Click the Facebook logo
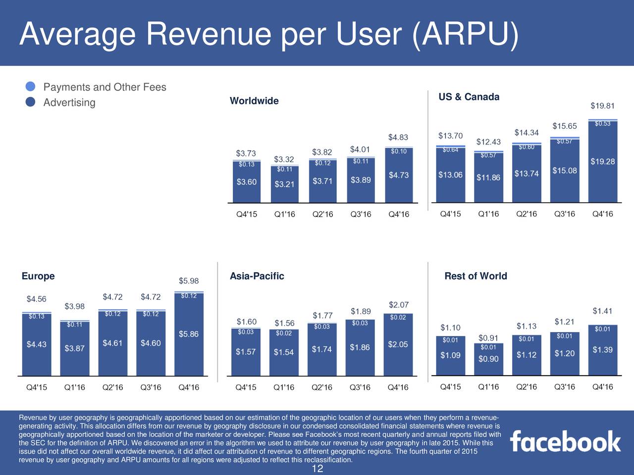tap(565, 441)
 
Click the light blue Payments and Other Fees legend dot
tap(31, 87)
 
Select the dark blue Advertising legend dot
tap(31, 102)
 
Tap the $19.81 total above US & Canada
tap(602, 106)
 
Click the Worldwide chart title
tap(254, 101)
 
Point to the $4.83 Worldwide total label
tap(398, 137)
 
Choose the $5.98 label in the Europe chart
tap(189, 281)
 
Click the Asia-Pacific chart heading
tap(257, 276)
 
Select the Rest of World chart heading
tap(475, 276)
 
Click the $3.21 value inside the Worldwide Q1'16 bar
tap(284, 185)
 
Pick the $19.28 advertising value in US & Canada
tap(602, 161)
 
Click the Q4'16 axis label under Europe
tap(189, 387)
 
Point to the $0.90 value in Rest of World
tap(488, 359)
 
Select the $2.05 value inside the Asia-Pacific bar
tap(398, 344)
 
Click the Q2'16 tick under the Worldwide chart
tap(322, 214)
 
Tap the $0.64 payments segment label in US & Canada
tap(450, 150)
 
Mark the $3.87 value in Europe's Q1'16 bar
tap(75, 348)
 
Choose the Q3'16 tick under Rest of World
tap(564, 387)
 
